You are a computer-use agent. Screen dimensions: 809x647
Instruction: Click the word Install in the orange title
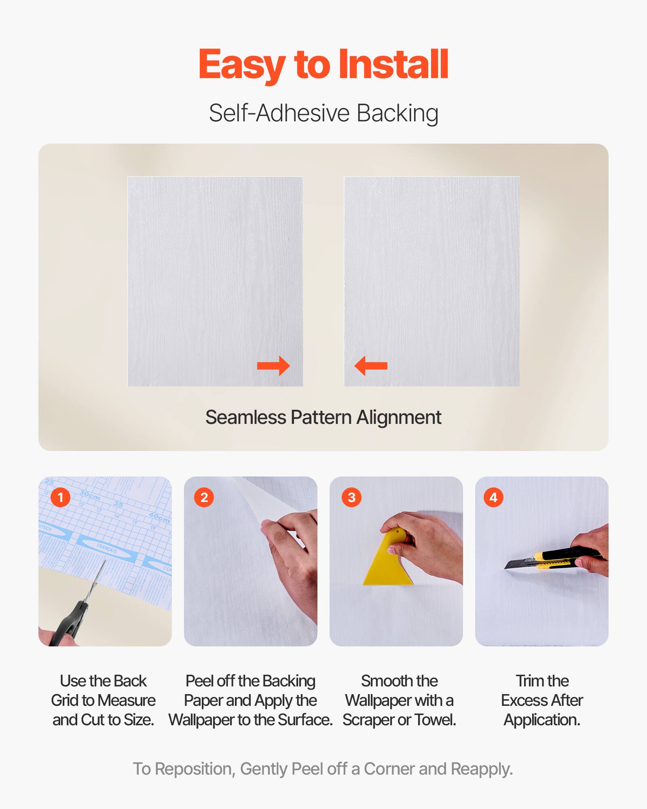(x=393, y=65)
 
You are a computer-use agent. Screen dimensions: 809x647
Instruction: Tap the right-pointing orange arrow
(x=274, y=366)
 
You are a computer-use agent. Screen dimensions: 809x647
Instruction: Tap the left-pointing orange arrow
(x=371, y=366)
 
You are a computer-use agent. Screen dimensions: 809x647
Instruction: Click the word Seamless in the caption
(x=245, y=417)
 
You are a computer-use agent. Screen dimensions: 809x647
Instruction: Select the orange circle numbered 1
(x=61, y=497)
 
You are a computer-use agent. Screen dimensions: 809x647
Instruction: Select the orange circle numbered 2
(x=204, y=497)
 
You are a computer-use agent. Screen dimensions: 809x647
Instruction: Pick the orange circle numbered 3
(x=351, y=497)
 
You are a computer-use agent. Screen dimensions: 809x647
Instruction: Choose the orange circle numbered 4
(x=493, y=497)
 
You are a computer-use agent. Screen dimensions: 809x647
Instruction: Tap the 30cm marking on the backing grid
(x=90, y=494)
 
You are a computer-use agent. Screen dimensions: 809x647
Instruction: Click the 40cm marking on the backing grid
(x=159, y=517)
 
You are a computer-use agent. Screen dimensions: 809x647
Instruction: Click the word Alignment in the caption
(x=399, y=417)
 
